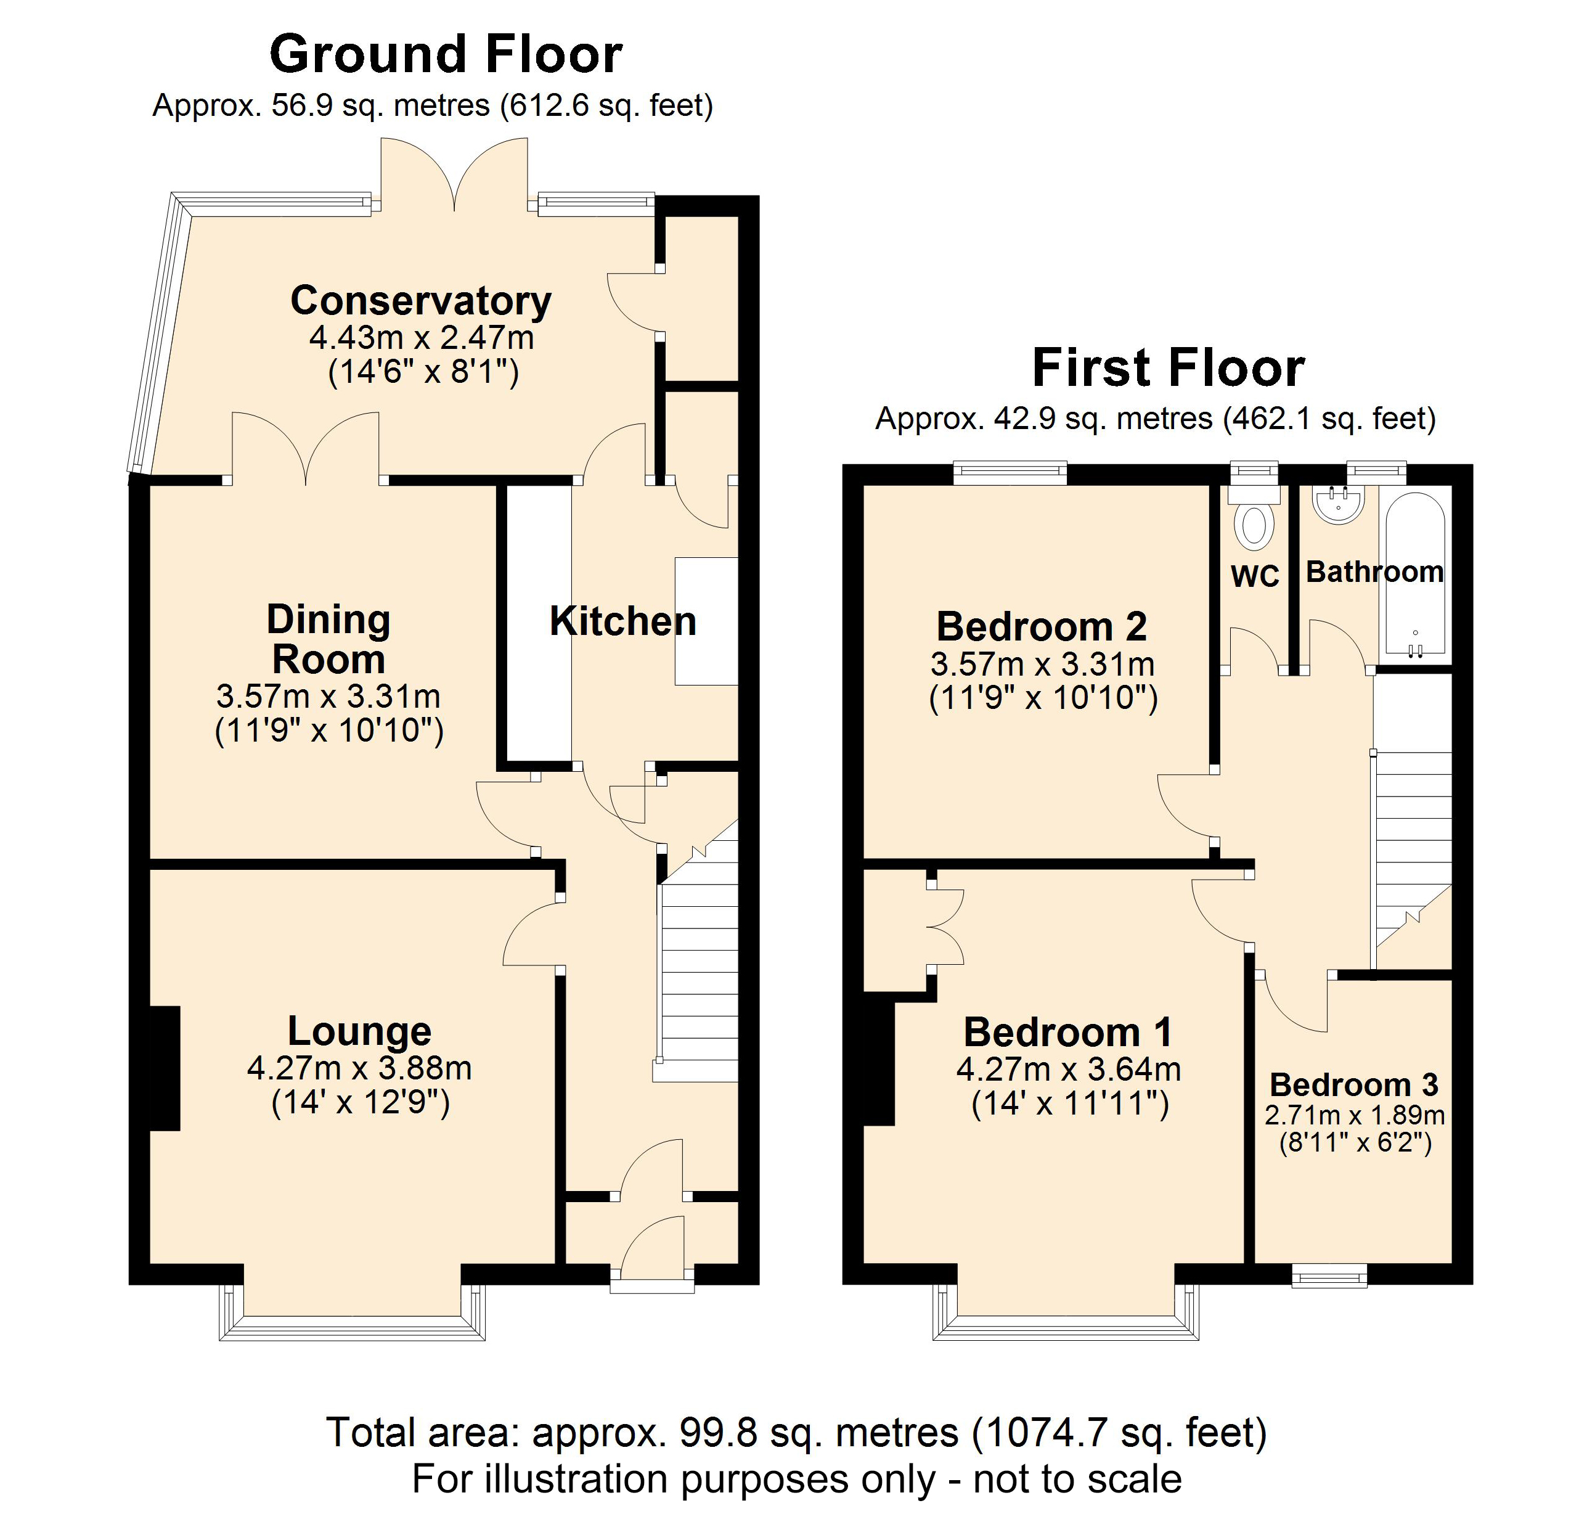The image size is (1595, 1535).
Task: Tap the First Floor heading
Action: (1168, 368)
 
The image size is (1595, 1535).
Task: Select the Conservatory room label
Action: (421, 300)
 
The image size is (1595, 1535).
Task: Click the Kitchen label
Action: (622, 622)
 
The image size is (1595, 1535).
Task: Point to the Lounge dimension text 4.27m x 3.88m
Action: (359, 1068)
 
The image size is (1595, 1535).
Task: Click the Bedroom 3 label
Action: (1353, 1085)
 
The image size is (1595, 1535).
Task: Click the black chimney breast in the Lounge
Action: (165, 1068)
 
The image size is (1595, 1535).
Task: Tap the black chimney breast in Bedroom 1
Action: (879, 1063)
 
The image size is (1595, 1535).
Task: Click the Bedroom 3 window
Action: (1330, 1275)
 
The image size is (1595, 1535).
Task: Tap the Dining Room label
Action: (328, 640)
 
